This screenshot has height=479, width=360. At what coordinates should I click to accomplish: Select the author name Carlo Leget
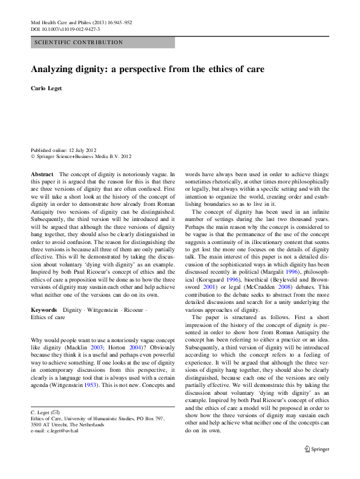point(48,90)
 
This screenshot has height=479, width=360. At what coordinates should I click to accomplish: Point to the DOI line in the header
point(65,28)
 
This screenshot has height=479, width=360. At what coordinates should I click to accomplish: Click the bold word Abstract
point(42,174)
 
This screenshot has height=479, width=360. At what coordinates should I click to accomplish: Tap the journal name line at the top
point(80,22)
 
